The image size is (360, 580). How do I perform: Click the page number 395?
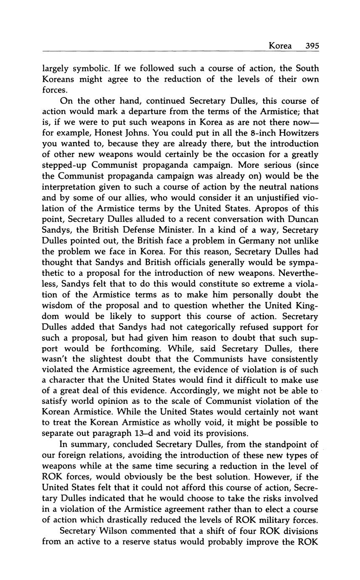(x=312, y=46)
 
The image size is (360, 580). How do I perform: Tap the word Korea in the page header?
(x=280, y=46)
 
